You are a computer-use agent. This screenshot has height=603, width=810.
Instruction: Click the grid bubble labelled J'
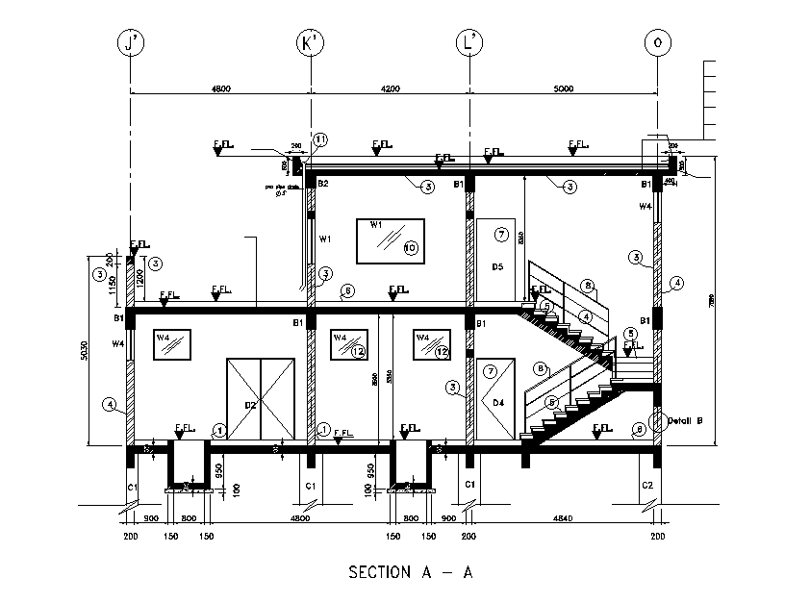point(130,43)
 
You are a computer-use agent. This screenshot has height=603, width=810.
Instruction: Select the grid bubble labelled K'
point(310,43)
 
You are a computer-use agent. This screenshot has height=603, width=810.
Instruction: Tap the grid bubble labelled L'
point(470,43)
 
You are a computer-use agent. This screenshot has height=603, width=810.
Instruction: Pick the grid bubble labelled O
point(658,43)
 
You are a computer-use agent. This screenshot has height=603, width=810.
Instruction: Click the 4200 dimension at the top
point(390,88)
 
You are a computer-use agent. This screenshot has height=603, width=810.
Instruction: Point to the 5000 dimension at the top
point(564,88)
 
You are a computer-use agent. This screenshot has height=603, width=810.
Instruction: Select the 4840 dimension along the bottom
point(563,520)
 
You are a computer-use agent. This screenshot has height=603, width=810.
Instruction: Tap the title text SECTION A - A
point(411,572)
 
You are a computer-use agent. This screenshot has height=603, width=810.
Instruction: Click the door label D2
point(250,405)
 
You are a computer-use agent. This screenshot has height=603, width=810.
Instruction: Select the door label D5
point(498,266)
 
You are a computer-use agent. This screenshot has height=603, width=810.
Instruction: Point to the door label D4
point(498,402)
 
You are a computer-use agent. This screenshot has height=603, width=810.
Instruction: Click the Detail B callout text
point(687,420)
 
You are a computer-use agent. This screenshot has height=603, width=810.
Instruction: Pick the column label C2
point(647,486)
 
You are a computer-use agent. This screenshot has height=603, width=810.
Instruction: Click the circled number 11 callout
point(320,139)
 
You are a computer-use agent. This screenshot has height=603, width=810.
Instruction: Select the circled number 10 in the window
point(409,248)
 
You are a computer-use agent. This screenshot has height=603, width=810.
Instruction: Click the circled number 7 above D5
point(500,234)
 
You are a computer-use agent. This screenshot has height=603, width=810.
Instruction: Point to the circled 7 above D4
point(490,371)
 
